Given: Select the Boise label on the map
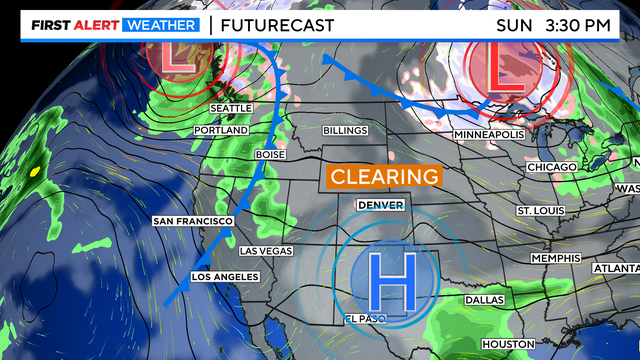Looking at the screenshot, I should point(270,155).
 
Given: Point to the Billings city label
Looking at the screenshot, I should point(345,131).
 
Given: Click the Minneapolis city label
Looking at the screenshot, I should point(489,134).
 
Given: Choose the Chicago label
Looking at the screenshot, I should point(552,166).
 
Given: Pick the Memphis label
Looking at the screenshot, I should point(556,258).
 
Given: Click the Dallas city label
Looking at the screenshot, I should point(485,300).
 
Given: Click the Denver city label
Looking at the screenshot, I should point(380,204).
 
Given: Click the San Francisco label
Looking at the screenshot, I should point(193,220).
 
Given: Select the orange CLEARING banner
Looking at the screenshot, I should point(385,176).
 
